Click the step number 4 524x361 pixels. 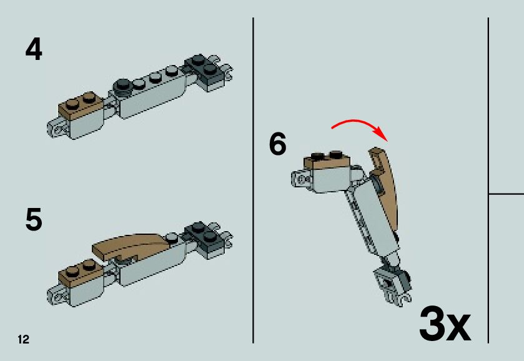click(34, 49)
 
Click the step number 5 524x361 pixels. click(34, 219)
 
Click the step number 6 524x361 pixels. click(278, 144)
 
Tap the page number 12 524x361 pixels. click(23, 339)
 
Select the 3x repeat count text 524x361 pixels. click(445, 324)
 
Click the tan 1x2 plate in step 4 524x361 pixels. click(80, 104)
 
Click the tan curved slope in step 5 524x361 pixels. click(131, 245)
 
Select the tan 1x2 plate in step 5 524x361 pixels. click(80, 272)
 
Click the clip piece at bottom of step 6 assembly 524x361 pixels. click(394, 287)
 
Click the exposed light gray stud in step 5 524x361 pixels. click(172, 237)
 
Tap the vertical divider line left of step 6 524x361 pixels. click(254, 180)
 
